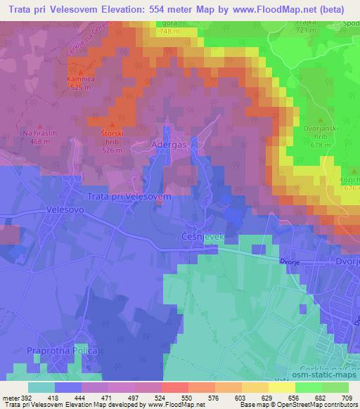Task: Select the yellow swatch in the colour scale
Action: coord(281,387)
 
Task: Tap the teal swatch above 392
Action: coord(41,387)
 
